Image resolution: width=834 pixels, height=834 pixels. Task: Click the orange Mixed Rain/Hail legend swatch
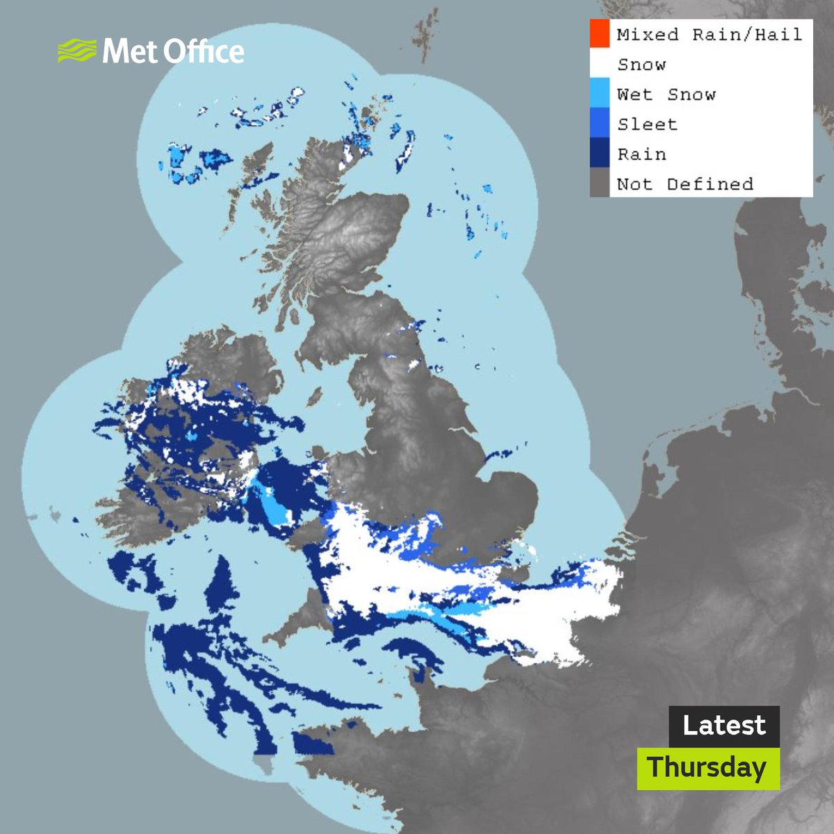point(599,34)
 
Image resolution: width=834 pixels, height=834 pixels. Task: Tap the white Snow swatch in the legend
point(599,65)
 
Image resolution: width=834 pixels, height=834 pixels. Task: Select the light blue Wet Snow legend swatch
point(599,95)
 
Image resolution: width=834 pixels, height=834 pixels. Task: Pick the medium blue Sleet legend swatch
point(599,124)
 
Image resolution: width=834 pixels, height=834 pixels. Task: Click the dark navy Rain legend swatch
point(599,154)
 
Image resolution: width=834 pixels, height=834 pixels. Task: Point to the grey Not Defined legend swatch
point(599,184)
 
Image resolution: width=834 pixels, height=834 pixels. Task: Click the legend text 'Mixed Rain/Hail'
point(709,34)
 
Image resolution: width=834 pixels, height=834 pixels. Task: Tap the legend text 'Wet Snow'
point(666,95)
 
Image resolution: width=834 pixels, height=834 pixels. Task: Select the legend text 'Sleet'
point(646,124)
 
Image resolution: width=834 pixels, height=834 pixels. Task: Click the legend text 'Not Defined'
point(685,184)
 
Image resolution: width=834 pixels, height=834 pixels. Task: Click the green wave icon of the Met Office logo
point(76,51)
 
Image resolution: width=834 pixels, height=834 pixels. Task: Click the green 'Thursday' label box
point(708,768)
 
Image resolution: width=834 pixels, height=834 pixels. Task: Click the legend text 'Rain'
point(641,154)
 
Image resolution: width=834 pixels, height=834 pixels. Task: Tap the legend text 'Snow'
point(641,65)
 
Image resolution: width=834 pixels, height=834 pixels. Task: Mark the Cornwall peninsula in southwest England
point(292,629)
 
